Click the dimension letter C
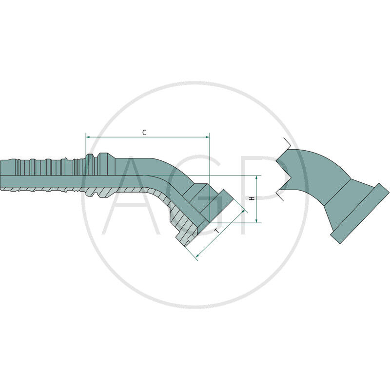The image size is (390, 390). [144, 133]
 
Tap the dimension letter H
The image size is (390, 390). [252, 198]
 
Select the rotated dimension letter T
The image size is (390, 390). [217, 231]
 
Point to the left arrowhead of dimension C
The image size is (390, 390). [88, 137]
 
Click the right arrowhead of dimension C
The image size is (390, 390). [208, 137]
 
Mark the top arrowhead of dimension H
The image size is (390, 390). [256, 177]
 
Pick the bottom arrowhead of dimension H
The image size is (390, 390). [256, 221]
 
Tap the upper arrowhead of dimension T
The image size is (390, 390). [243, 211]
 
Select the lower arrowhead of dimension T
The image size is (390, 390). [198, 255]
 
